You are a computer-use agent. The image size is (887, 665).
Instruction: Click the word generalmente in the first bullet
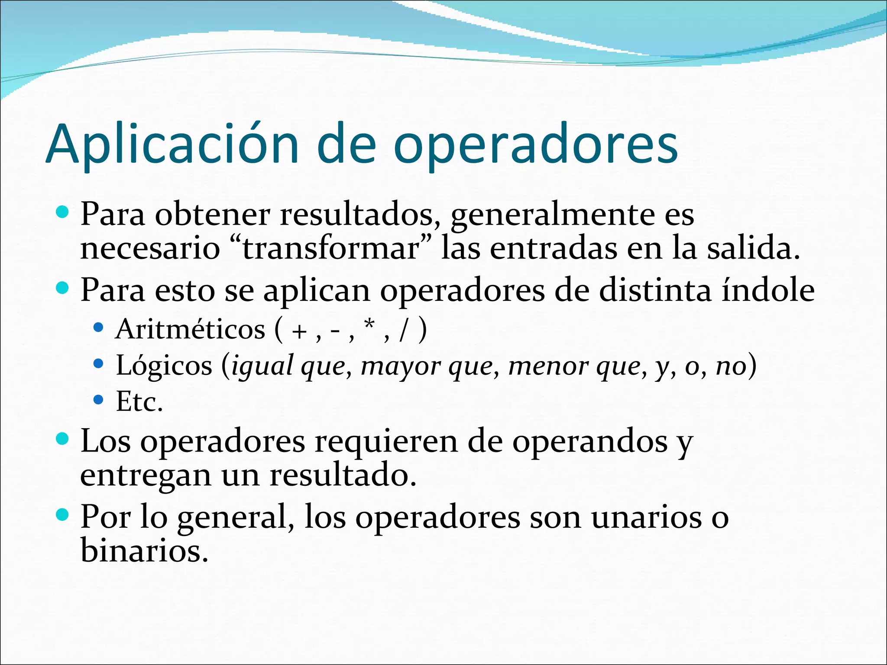553,215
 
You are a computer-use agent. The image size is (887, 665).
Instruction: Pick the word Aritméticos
190,329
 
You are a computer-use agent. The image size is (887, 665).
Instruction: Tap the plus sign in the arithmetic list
299,332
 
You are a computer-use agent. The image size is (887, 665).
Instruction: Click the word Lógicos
164,366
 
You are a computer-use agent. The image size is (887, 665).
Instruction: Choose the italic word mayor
401,367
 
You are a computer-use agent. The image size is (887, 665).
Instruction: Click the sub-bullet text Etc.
139,402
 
